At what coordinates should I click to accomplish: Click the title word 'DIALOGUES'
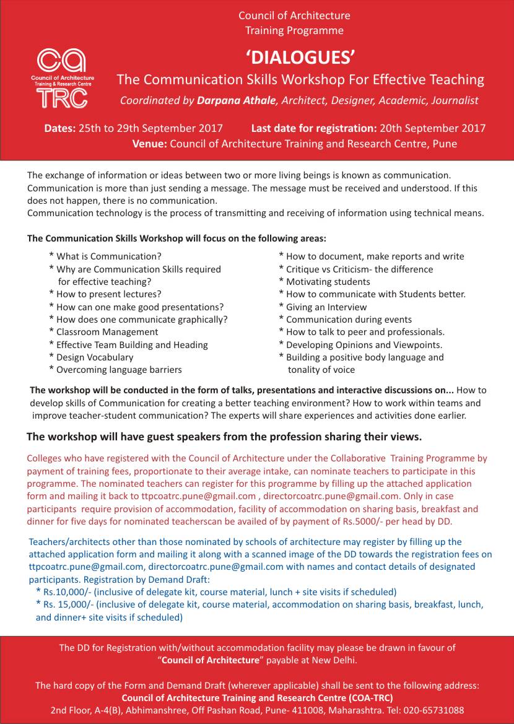click(300, 58)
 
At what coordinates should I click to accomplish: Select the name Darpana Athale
click(236, 100)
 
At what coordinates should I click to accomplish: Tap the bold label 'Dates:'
click(59, 129)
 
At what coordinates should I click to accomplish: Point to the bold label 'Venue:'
click(149, 144)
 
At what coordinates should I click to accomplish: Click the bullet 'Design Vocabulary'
click(95, 357)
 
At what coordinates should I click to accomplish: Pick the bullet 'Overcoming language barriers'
click(119, 370)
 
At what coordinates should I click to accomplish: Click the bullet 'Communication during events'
click(349, 320)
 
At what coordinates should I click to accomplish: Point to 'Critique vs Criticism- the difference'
click(359, 269)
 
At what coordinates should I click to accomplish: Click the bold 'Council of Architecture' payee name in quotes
click(210, 660)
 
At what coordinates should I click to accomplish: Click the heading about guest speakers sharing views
click(224, 437)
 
